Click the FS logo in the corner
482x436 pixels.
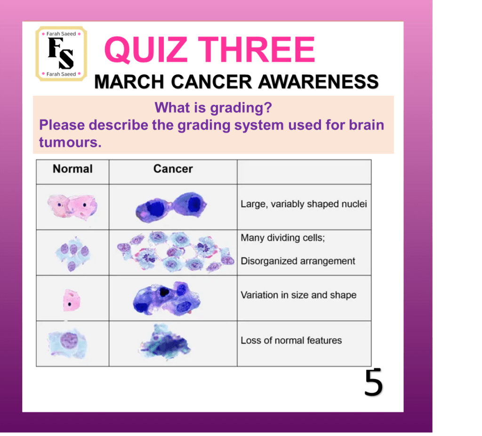(x=61, y=54)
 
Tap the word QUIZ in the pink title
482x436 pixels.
(x=146, y=49)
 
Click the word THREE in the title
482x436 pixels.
(x=257, y=49)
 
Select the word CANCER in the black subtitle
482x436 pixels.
(x=211, y=82)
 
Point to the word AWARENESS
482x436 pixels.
(x=318, y=82)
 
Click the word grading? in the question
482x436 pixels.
(x=241, y=108)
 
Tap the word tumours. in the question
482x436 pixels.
(x=70, y=142)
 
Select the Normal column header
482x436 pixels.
(x=72, y=169)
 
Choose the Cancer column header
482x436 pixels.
(x=173, y=169)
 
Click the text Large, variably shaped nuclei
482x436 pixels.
(x=304, y=204)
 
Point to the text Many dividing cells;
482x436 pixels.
(x=283, y=238)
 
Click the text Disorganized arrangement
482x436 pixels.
(x=298, y=261)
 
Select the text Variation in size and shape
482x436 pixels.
(x=298, y=295)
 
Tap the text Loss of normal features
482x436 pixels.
(x=291, y=340)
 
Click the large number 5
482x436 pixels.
(x=373, y=382)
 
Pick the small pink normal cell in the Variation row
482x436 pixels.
(x=72, y=300)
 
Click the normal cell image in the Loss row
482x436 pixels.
(x=68, y=343)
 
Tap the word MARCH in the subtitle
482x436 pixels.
(x=129, y=82)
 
